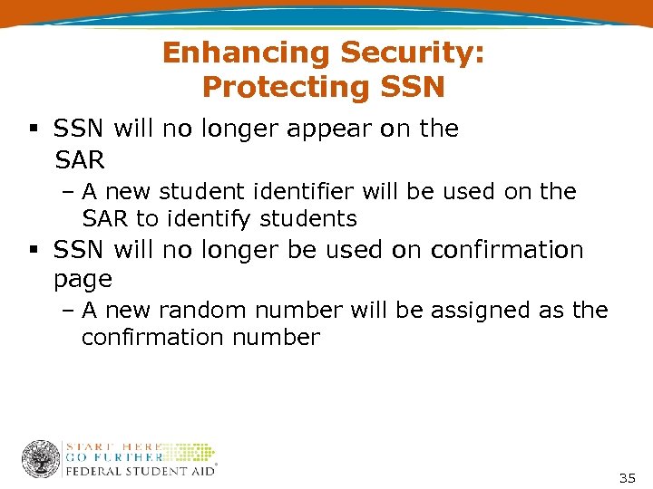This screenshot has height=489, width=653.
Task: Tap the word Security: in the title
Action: tap(413, 53)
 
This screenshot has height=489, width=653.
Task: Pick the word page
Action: tap(83, 279)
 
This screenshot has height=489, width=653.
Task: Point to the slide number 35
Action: tap(627, 477)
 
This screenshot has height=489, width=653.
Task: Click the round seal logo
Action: tap(40, 459)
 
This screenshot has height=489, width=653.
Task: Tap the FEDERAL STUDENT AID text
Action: tap(140, 470)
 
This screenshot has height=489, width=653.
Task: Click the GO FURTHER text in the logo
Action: tap(113, 457)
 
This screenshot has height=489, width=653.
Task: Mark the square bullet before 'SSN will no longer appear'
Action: tap(34, 129)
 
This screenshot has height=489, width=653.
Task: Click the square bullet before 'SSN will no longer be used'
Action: tap(34, 250)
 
